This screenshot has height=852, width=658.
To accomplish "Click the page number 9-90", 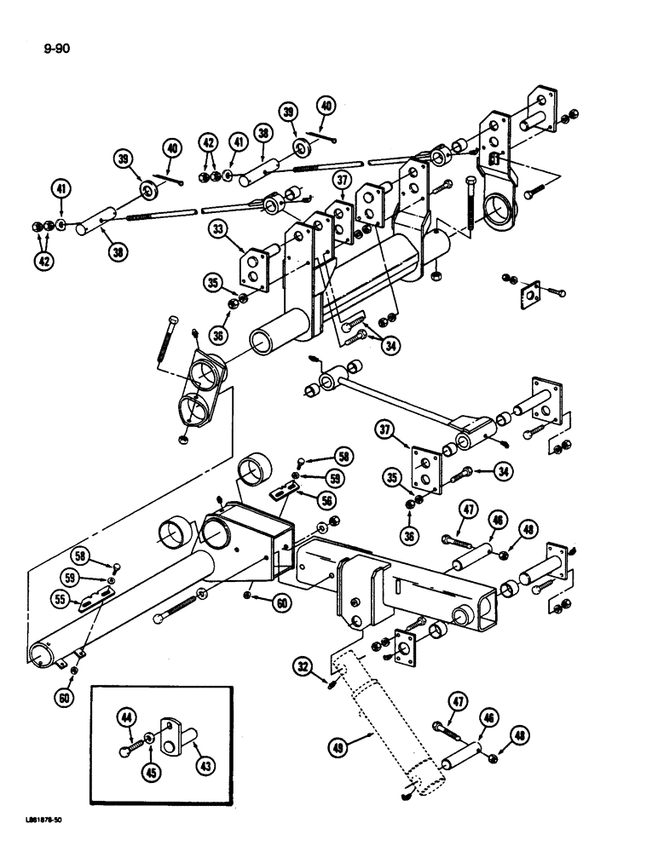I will click(x=54, y=49).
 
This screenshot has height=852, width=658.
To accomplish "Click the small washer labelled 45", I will click(x=150, y=738).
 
